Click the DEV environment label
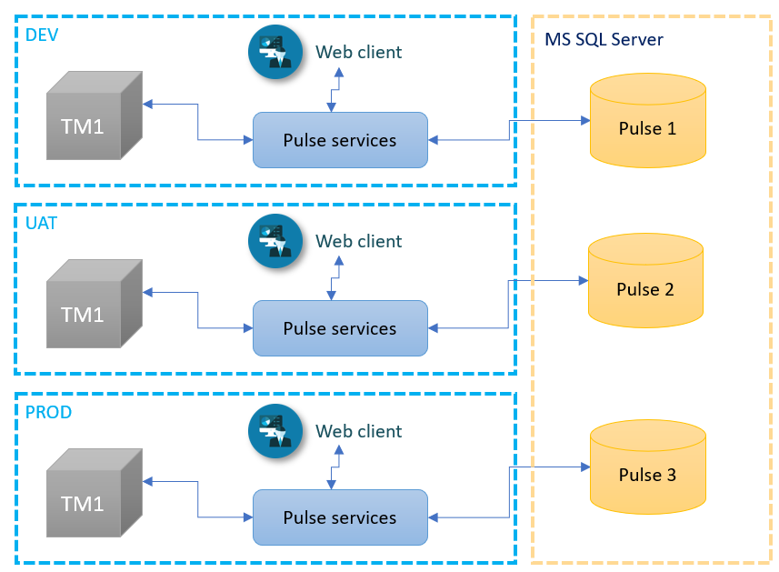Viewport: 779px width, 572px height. click(x=41, y=35)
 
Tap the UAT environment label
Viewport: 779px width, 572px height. click(x=41, y=223)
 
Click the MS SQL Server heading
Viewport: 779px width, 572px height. click(x=604, y=40)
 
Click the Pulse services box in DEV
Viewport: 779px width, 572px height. click(x=340, y=140)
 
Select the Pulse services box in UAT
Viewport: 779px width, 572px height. click(x=340, y=328)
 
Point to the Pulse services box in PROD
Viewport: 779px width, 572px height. click(x=340, y=517)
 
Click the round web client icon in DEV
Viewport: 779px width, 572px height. click(x=274, y=52)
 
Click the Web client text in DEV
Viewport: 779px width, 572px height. click(x=358, y=52)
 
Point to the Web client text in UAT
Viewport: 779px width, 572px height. click(x=358, y=241)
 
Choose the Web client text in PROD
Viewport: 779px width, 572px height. click(x=358, y=431)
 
